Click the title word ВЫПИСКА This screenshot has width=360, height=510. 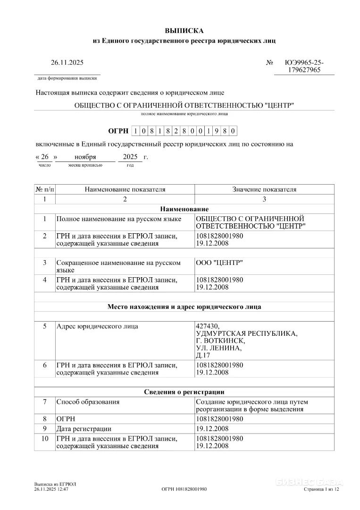(x=184, y=31)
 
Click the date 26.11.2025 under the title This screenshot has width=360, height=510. (x=67, y=62)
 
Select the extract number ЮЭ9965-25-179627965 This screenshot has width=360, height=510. (x=304, y=66)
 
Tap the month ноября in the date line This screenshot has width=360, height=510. (x=85, y=157)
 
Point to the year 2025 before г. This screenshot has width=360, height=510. (x=130, y=157)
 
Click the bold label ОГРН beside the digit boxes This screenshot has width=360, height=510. (x=118, y=131)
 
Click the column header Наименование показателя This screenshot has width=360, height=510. (x=125, y=189)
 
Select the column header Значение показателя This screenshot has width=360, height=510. (x=264, y=189)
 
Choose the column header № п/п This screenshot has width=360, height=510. (x=45, y=189)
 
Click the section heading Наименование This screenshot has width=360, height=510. (x=184, y=209)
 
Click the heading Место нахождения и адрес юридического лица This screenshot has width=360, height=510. (x=184, y=306)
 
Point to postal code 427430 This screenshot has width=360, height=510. (x=207, y=326)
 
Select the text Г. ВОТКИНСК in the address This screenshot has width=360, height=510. (x=220, y=340)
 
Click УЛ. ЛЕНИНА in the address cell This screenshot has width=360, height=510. (x=218, y=348)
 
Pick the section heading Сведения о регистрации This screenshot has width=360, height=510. (x=184, y=392)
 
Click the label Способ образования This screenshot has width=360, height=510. (x=88, y=402)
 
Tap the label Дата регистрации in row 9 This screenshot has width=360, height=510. (x=84, y=429)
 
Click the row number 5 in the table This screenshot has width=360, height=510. (x=45, y=326)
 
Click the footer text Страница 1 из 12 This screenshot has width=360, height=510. (x=321, y=490)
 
